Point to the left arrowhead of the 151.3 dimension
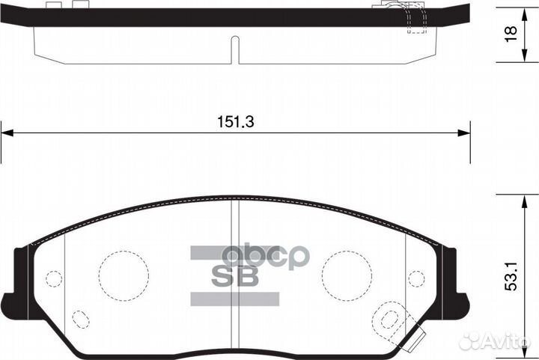7,133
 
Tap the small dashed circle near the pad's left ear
53,278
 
